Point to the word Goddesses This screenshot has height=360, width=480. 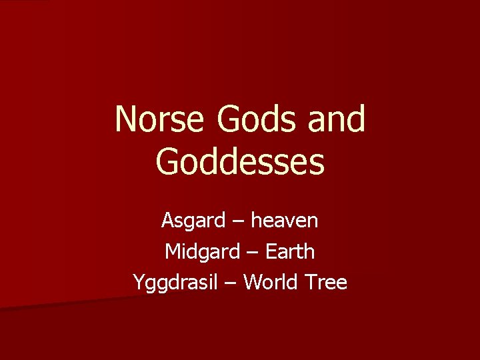pyautogui.click(x=240, y=162)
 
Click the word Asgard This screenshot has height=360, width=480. pyautogui.click(x=191, y=220)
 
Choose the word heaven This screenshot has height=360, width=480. pyautogui.click(x=284, y=220)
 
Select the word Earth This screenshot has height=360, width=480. pyautogui.click(x=290, y=251)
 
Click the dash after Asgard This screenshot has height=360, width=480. pyautogui.click(x=235, y=221)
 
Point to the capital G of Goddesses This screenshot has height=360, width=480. pyautogui.click(x=167, y=162)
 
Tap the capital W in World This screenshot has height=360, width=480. pyautogui.click(x=252, y=282)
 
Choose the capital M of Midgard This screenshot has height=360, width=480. pyautogui.click(x=172, y=251)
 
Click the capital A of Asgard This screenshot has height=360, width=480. pyautogui.click(x=167, y=220)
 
